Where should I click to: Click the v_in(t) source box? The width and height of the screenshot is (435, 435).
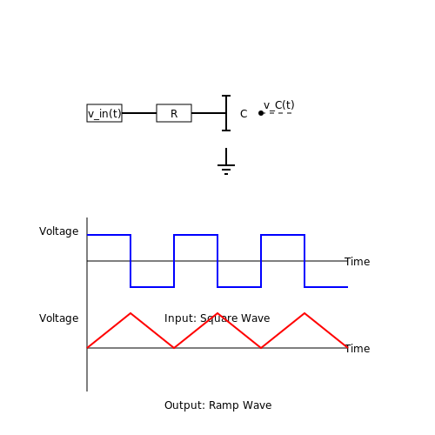[x=104, y=113]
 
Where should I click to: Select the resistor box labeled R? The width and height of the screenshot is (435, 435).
[x=174, y=113]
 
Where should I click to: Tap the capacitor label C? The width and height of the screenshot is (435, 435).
[x=244, y=114]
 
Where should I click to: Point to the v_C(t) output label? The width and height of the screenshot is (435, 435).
[x=279, y=105]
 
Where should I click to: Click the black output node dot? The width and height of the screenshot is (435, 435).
[x=261, y=113]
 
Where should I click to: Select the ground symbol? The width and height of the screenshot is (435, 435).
[x=226, y=162]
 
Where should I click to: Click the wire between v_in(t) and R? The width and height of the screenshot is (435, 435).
[x=139, y=113]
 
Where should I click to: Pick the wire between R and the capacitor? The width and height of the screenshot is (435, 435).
[x=209, y=113]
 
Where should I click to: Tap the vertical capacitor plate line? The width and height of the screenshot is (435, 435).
[x=226, y=113]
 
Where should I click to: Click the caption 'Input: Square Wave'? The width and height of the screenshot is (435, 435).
[x=217, y=318]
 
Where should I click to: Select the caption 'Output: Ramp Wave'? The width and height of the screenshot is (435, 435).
[x=218, y=405]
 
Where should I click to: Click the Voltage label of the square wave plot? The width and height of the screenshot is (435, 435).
[x=59, y=231]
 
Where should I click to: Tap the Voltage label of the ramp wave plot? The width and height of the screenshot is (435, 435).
[x=59, y=318]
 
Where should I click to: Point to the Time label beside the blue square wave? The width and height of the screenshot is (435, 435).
[x=358, y=262]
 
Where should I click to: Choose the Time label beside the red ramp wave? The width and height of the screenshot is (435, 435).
[x=358, y=349]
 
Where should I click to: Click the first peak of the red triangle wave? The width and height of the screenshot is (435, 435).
[x=130, y=313]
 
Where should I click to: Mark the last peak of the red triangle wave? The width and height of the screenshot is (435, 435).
[x=304, y=313]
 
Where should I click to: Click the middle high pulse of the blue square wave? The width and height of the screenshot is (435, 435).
[x=196, y=235]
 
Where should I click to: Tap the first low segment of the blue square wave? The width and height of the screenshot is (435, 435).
[x=152, y=287]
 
